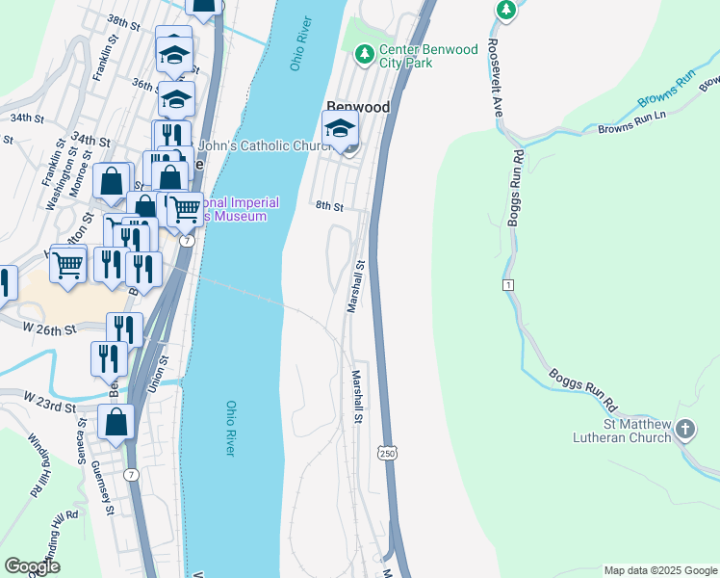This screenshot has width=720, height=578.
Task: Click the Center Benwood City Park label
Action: tap(428, 57)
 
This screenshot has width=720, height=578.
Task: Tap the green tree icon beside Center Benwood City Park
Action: tap(364, 55)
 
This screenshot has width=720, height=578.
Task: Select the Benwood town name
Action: tap(357, 108)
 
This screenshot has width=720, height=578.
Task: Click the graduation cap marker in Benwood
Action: tap(340, 129)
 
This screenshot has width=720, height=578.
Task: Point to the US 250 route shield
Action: tap(387, 452)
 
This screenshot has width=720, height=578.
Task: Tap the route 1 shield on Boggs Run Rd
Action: tap(506, 285)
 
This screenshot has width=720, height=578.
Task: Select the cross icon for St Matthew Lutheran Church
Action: tap(684, 430)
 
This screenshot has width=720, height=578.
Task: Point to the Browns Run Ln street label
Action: tap(632, 120)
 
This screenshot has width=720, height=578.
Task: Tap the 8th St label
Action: tap(329, 206)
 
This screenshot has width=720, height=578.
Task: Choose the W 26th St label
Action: tap(49, 329)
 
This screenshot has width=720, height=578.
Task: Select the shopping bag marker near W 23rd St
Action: tap(116, 423)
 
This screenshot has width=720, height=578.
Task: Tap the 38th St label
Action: tap(124, 20)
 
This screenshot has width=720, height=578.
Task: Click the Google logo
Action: tap(32, 566)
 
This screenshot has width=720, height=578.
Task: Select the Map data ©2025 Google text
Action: tap(659, 570)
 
